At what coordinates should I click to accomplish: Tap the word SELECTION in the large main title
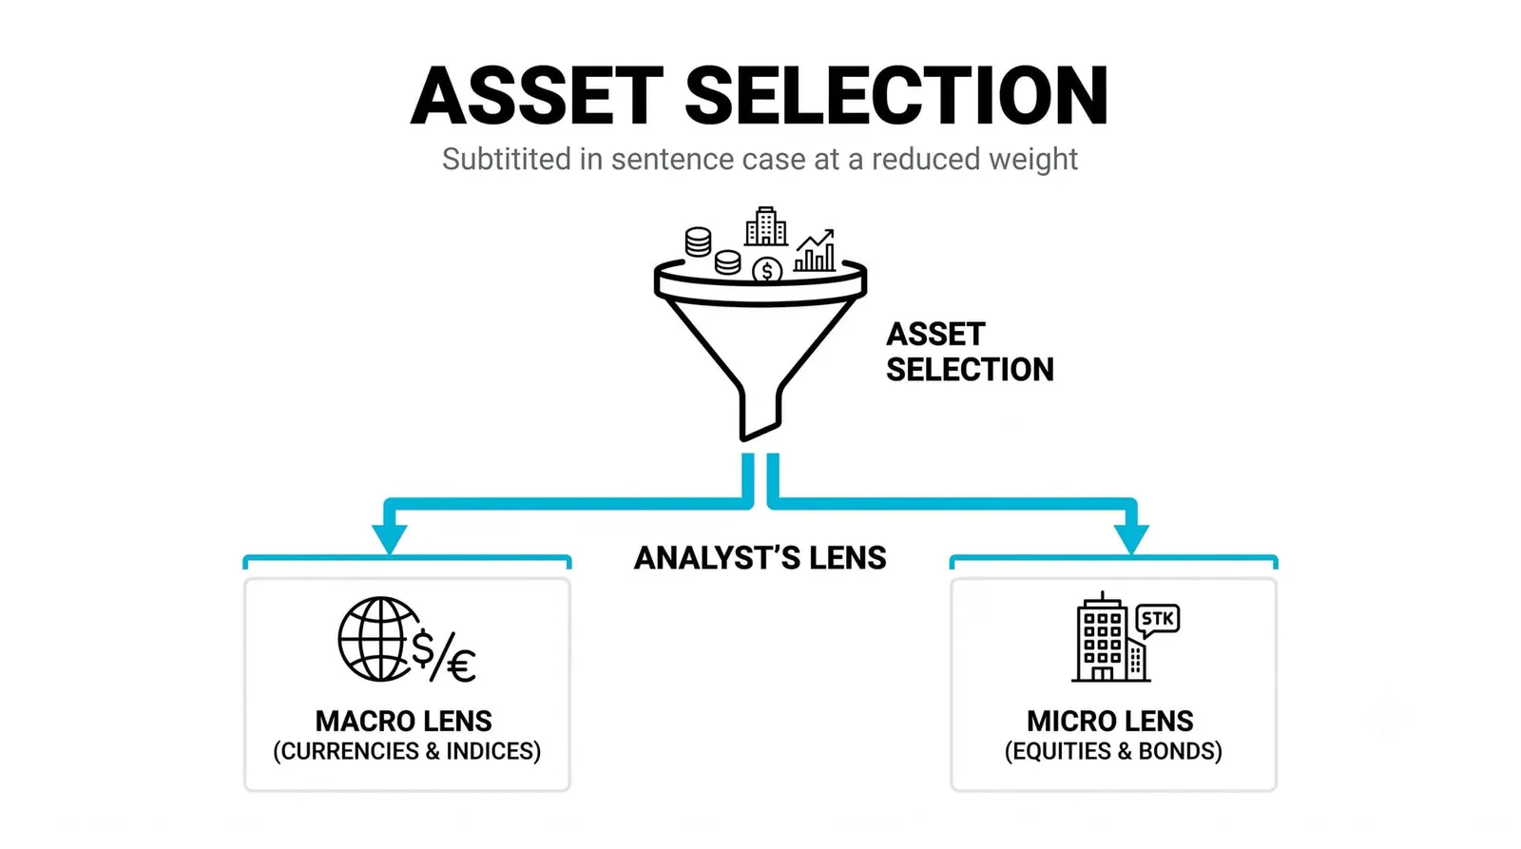pyautogui.click(x=897, y=96)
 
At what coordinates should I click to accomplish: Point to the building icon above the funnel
pyautogui.click(x=766, y=226)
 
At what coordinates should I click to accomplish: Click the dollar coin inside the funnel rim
pyautogui.click(x=767, y=271)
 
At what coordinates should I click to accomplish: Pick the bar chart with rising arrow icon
pyautogui.click(x=815, y=251)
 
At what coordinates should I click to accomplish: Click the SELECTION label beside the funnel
pyautogui.click(x=970, y=370)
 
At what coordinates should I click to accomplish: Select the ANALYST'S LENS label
pyautogui.click(x=760, y=558)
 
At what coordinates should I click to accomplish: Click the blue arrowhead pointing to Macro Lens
pyautogui.click(x=390, y=539)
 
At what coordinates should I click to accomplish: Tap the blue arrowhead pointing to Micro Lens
pyautogui.click(x=1131, y=539)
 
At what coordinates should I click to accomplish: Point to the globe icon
pyautogui.click(x=379, y=639)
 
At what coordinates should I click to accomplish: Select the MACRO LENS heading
pyautogui.click(x=404, y=722)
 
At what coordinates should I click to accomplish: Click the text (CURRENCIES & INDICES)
pyautogui.click(x=407, y=751)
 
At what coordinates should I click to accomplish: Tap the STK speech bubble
pyautogui.click(x=1158, y=621)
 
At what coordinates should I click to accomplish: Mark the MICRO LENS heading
pyautogui.click(x=1110, y=722)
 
